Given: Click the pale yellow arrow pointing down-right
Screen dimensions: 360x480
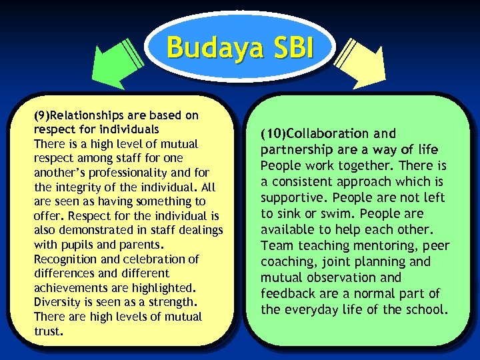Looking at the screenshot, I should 361,63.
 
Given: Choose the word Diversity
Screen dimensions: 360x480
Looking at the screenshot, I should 59,302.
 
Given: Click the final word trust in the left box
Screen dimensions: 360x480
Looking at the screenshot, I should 47,331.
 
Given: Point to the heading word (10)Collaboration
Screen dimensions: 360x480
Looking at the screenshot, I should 313,133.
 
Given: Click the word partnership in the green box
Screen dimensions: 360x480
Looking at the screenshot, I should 294,149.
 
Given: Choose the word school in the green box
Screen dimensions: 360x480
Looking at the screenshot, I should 425,309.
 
